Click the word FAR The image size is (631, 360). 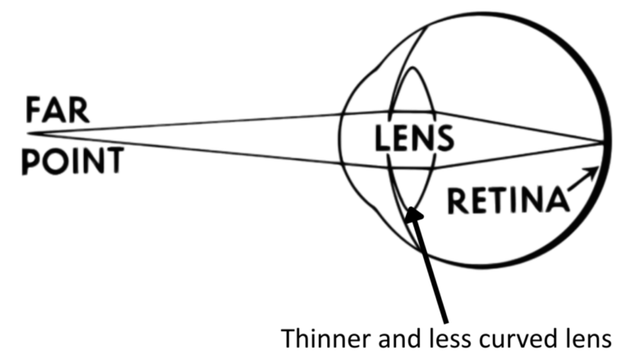click(x=58, y=110)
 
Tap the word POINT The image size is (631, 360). click(x=72, y=160)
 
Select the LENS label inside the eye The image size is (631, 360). click(x=414, y=138)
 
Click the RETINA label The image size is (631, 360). click(x=509, y=200)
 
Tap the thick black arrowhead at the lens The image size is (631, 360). click(x=412, y=215)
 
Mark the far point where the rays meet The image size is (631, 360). click(x=27, y=133)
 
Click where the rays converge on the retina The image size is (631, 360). click(x=604, y=141)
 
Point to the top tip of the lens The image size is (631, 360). click(x=412, y=67)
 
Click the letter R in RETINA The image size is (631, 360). click(x=457, y=200)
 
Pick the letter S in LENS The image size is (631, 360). click(x=444, y=138)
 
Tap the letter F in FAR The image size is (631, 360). click(x=34, y=110)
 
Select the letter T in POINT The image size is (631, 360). click(x=113, y=160)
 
